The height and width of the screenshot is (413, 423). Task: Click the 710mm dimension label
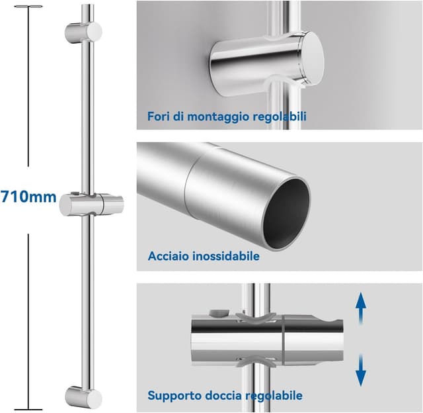pyautogui.click(x=28, y=197)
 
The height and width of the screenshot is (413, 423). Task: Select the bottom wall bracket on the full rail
pyautogui.click(x=83, y=397)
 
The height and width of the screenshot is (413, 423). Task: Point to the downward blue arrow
pyautogui.click(x=361, y=369)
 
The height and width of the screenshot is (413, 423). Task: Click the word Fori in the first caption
pyautogui.click(x=159, y=117)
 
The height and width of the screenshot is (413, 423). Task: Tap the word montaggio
pyautogui.click(x=215, y=118)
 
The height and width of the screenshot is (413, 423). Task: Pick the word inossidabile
pyautogui.click(x=225, y=256)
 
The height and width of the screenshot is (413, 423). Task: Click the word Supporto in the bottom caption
pyautogui.click(x=174, y=396)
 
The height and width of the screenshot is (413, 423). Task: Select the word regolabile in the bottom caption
pyautogui.click(x=274, y=396)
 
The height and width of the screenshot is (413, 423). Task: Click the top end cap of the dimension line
pyautogui.click(x=28, y=8)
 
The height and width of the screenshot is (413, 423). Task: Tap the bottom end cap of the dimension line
pyautogui.click(x=28, y=408)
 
